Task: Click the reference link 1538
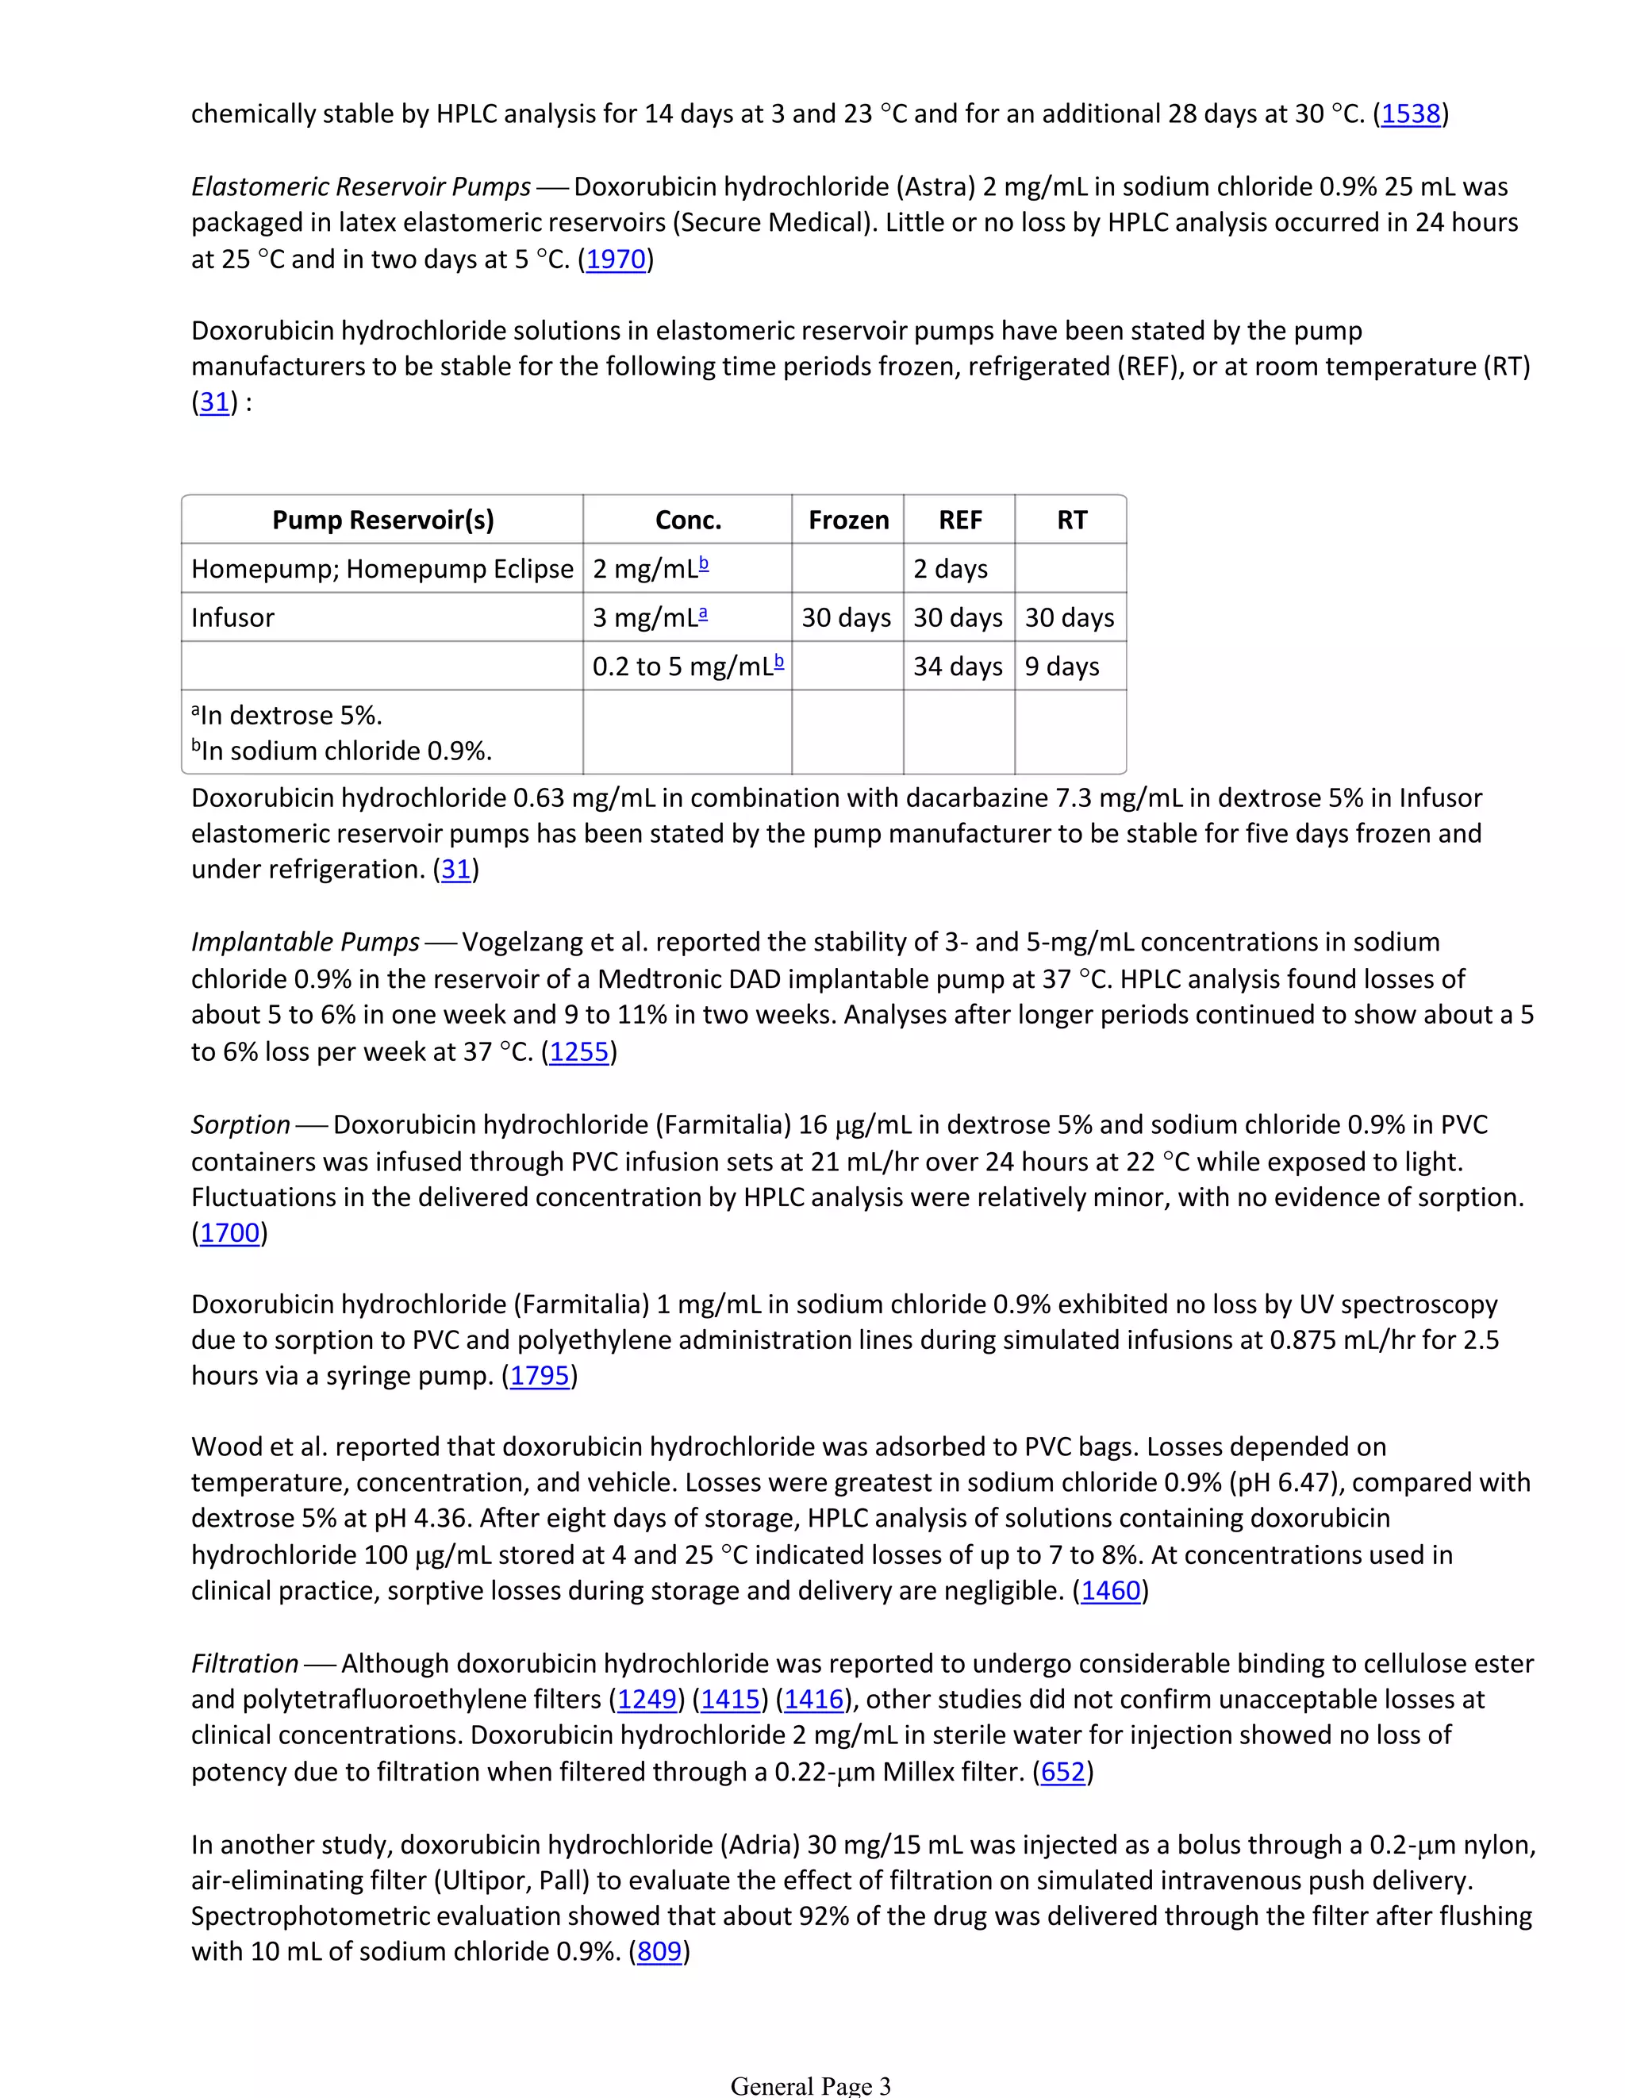click(1410, 114)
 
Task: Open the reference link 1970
click(616, 259)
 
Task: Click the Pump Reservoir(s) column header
click(382, 520)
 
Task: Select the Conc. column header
click(688, 520)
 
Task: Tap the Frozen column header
click(848, 520)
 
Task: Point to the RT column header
click(1071, 520)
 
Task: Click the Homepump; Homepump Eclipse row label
click(382, 569)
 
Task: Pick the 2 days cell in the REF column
click(950, 569)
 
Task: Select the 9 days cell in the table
click(1061, 666)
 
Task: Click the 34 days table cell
click(958, 666)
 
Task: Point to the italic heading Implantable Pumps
click(305, 941)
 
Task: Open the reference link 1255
click(579, 1052)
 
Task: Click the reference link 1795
click(540, 1376)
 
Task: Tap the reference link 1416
click(813, 1700)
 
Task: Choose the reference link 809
click(659, 1951)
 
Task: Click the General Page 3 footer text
click(811, 2085)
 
